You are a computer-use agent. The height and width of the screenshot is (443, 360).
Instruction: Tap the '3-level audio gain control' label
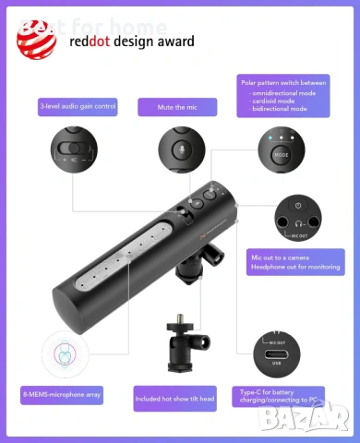(x=78, y=107)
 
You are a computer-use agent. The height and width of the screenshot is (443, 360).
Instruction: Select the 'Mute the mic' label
(x=176, y=107)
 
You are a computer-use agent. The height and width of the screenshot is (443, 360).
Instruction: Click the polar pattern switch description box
(x=283, y=96)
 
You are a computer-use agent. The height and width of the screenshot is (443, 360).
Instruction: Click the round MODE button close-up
(x=282, y=154)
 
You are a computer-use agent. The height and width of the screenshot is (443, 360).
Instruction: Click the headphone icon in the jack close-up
(x=298, y=222)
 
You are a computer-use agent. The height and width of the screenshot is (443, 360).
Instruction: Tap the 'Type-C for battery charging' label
(x=277, y=397)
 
